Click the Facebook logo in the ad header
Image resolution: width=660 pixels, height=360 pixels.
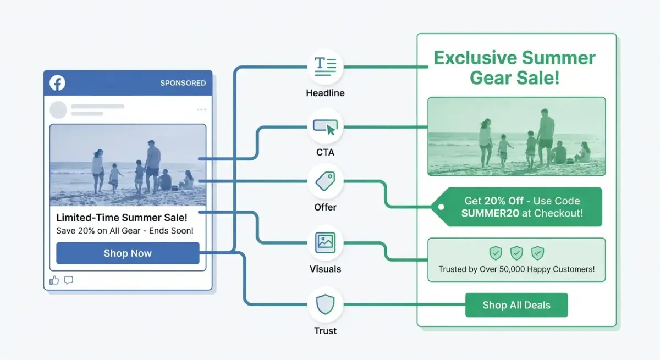pyautogui.click(x=57, y=83)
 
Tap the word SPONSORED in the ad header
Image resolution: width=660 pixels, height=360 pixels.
pyautogui.click(x=183, y=83)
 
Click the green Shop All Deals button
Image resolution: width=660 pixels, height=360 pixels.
pyautogui.click(x=516, y=305)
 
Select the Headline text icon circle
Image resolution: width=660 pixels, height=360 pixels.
pyautogui.click(x=326, y=67)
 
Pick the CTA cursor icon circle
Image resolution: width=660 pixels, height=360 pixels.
pyautogui.click(x=326, y=127)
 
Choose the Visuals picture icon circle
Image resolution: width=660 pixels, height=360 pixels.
pyautogui.click(x=326, y=242)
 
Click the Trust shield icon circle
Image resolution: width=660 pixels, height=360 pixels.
pyautogui.click(x=326, y=304)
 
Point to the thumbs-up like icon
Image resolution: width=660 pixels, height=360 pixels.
pyautogui.click(x=54, y=280)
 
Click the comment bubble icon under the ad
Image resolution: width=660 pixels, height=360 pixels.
pyautogui.click(x=69, y=280)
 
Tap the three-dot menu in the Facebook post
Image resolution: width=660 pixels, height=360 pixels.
pyautogui.click(x=201, y=110)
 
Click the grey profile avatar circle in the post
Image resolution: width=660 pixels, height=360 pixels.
pyautogui.click(x=58, y=110)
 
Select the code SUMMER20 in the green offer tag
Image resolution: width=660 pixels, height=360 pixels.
pyautogui.click(x=490, y=214)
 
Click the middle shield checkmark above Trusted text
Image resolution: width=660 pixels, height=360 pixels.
pyautogui.click(x=516, y=253)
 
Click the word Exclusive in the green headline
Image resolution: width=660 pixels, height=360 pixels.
pyautogui.click(x=475, y=58)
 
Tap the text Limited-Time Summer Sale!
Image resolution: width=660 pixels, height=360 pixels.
pyautogui.click(x=122, y=218)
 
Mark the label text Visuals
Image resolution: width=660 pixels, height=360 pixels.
pyautogui.click(x=326, y=269)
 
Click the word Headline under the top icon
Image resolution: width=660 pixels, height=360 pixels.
pyautogui.click(x=326, y=93)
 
